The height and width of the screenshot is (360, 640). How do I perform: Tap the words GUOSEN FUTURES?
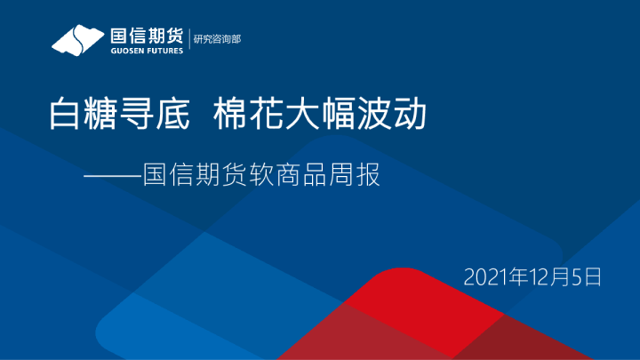146,50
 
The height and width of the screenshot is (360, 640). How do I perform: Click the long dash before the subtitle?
112,175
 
